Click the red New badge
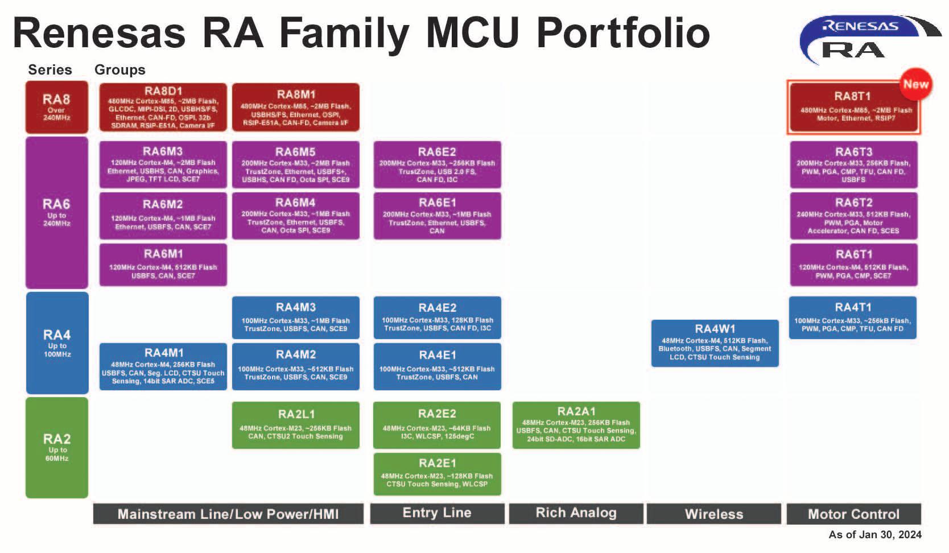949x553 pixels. click(x=915, y=84)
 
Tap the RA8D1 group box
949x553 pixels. click(x=163, y=107)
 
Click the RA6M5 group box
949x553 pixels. click(x=295, y=164)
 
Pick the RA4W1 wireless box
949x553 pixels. click(x=715, y=343)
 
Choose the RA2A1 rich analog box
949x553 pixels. click(x=576, y=425)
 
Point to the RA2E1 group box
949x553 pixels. click(x=437, y=473)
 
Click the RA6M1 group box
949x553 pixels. click(x=163, y=265)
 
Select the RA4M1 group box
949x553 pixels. click(x=163, y=366)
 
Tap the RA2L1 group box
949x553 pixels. click(x=295, y=425)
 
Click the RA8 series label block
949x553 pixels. click(x=56, y=107)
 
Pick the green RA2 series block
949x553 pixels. click(x=56, y=447)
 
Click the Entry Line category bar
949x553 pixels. click(x=437, y=513)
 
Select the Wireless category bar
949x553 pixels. click(x=714, y=514)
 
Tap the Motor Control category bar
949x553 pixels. click(x=853, y=514)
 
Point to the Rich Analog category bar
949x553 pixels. click(x=576, y=513)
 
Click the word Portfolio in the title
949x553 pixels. click(x=623, y=33)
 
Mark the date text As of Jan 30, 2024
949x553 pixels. click(x=874, y=535)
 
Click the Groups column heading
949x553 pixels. click(x=119, y=70)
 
